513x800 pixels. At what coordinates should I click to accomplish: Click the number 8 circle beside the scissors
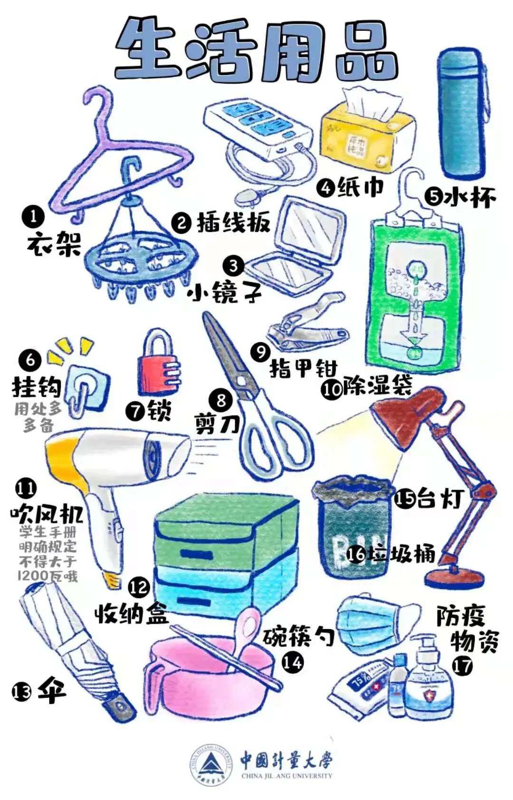[221, 400]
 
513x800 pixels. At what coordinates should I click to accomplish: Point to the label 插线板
[233, 222]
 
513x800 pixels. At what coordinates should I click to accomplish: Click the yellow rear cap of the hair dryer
[62, 459]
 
